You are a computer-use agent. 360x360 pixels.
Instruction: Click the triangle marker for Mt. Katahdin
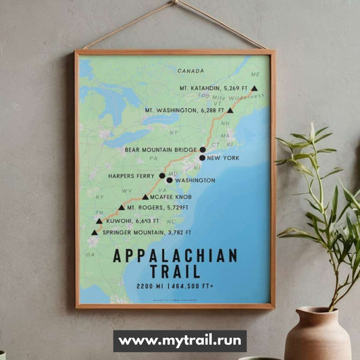[254, 88]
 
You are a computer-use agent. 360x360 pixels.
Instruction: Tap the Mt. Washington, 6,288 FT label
[184, 110]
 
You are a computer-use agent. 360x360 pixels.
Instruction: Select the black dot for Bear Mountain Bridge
[203, 149]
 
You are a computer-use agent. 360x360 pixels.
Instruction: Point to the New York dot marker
[203, 158]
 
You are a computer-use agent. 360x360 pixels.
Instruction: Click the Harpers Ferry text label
[132, 176]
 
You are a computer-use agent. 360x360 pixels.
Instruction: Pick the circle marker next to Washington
[170, 180]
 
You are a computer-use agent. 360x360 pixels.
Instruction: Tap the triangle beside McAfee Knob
[145, 197]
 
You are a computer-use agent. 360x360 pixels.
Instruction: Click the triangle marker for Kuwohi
[99, 221]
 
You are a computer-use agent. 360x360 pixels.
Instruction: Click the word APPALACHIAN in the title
[176, 256]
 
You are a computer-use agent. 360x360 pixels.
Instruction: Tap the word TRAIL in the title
[176, 272]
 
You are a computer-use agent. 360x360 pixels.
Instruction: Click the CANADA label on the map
[191, 70]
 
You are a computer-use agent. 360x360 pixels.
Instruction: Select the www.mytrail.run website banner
[180, 341]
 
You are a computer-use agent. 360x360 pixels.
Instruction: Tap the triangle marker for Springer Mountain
[95, 233]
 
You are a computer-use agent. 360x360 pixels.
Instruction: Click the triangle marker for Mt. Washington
[230, 110]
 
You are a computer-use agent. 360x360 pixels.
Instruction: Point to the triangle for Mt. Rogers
[122, 208]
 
